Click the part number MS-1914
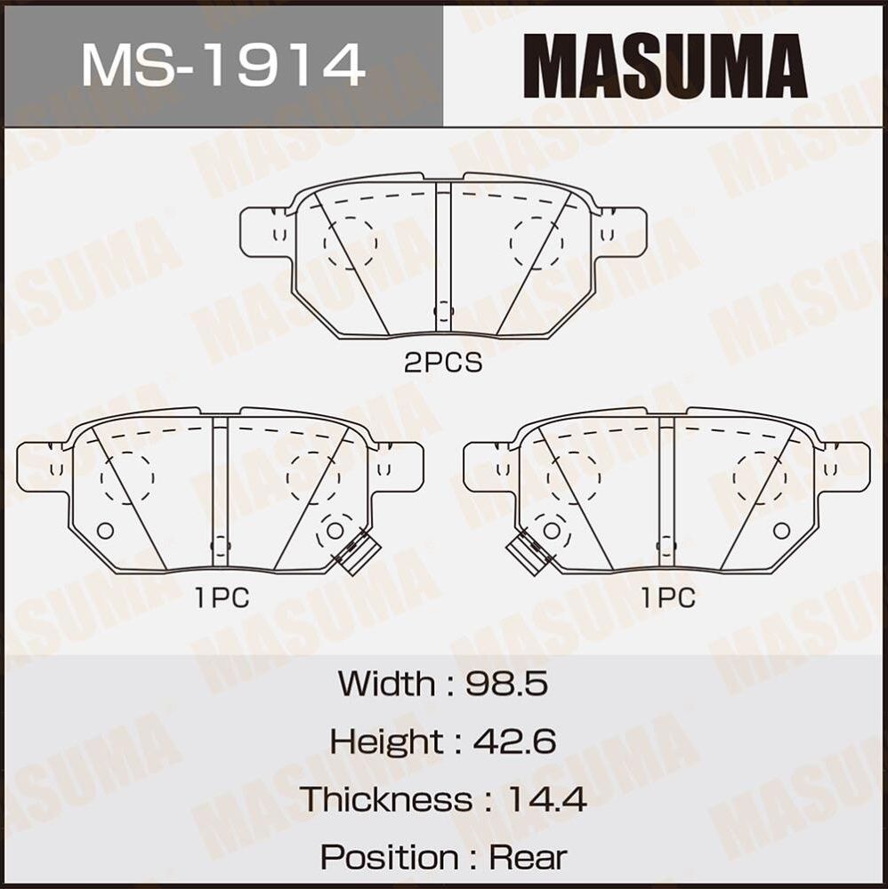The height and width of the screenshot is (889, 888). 223,64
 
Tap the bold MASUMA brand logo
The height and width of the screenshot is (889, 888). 665,66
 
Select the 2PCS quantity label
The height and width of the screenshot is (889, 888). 442,363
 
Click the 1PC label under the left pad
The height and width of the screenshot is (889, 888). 222,598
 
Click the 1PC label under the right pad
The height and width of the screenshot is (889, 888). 668,598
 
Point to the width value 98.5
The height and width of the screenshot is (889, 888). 505,684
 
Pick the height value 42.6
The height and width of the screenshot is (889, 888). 508,741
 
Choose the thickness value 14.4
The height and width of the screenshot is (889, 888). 547,798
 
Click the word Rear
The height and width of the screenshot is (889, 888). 528,857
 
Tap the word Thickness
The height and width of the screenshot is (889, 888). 385,798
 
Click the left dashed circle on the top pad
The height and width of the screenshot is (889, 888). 350,243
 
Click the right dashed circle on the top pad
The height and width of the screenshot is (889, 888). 536,243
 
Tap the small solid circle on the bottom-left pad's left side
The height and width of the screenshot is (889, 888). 105,531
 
